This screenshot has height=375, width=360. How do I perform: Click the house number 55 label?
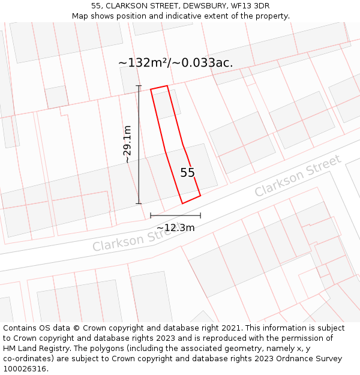pos(188,173)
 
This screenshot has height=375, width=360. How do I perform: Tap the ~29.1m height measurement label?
pos(127,144)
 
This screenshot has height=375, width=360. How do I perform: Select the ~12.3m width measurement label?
pos(175,227)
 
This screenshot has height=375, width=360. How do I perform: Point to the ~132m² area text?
pos(143,62)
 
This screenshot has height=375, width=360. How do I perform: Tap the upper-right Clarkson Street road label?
pos(298,175)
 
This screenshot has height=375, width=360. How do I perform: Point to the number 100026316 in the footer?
pos(25,368)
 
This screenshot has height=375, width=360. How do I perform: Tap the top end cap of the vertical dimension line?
pos(139,86)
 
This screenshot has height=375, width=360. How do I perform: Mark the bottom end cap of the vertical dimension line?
pos(139,203)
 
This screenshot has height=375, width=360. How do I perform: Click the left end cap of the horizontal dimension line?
pos(151,215)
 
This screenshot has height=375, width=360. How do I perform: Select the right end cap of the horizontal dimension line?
pos(200,215)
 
